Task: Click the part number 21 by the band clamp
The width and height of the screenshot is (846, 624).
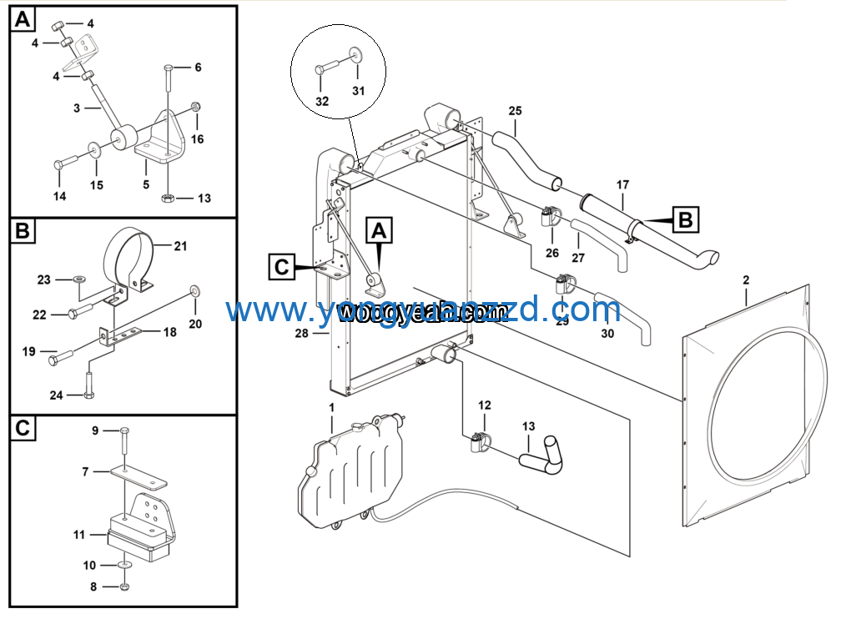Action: tap(180, 246)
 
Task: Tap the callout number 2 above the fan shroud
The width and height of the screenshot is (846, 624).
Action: tap(746, 282)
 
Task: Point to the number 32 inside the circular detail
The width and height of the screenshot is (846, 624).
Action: tap(322, 101)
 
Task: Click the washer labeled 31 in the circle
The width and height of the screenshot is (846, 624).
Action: tap(356, 55)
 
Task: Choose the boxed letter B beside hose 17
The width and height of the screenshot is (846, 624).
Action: tap(686, 220)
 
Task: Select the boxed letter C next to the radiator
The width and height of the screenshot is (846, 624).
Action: tap(282, 267)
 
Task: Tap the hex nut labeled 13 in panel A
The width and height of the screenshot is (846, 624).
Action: tap(166, 199)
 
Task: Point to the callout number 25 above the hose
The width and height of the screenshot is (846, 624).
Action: tap(515, 110)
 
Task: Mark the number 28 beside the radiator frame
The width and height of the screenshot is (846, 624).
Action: tap(301, 334)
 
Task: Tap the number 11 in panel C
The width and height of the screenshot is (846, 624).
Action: tap(79, 534)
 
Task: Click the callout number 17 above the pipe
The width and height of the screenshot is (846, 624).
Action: tap(622, 184)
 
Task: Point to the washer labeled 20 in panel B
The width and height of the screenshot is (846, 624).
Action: tap(194, 290)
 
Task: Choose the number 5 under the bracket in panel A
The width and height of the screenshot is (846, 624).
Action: tap(146, 184)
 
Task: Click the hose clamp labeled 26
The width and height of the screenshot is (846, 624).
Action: tap(551, 219)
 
